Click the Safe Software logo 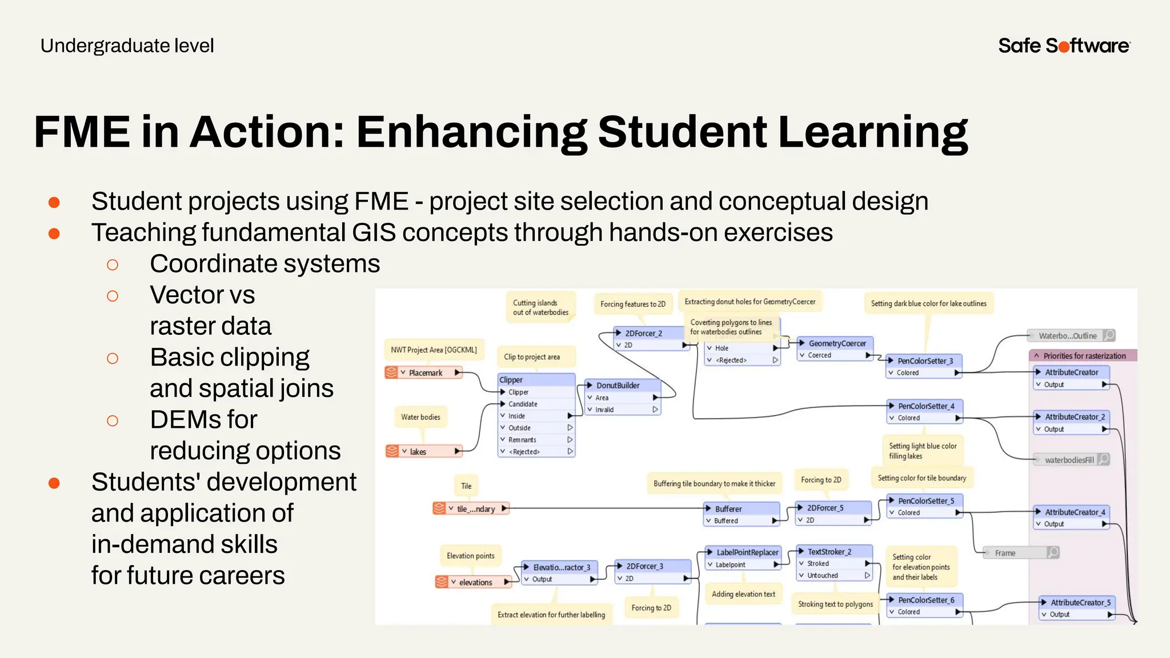click(1064, 46)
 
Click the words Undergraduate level click(127, 46)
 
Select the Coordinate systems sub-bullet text click(265, 264)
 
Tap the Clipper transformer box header click(536, 380)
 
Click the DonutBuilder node click(622, 386)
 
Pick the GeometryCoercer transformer click(836, 343)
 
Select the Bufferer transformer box click(742, 508)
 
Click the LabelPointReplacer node click(746, 552)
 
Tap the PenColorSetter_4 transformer click(925, 406)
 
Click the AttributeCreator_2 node click(1073, 417)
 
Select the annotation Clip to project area click(532, 357)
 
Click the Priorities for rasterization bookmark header click(1083, 356)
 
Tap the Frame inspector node click(1020, 553)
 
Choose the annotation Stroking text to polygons click(835, 604)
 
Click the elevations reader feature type click(474, 582)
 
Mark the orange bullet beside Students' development click(54, 483)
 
